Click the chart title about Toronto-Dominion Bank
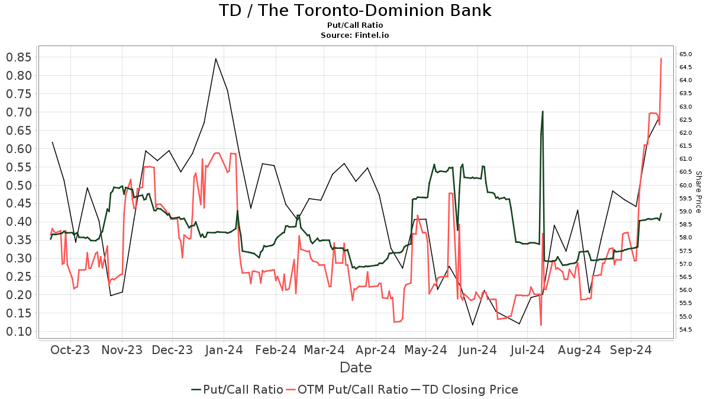tap(355, 11)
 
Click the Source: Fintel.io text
tap(355, 35)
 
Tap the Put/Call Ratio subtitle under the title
tap(355, 25)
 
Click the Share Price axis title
tap(698, 192)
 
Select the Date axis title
tap(356, 368)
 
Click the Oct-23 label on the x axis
tap(70, 350)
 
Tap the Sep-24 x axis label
tap(630, 350)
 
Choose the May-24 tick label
tap(425, 350)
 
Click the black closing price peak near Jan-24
tap(215, 59)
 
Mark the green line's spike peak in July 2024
tap(543, 111)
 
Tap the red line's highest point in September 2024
tap(661, 59)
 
